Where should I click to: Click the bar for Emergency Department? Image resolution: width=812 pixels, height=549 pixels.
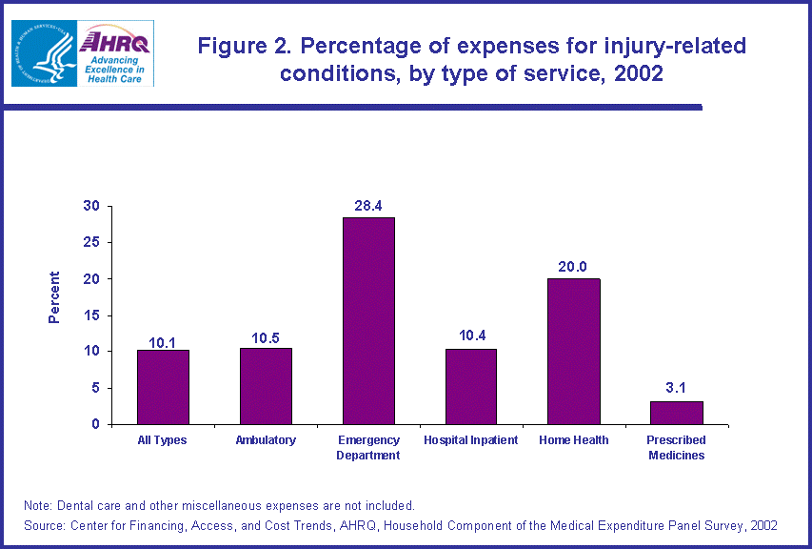pos(368,321)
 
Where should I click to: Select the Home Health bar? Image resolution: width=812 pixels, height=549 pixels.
pos(574,352)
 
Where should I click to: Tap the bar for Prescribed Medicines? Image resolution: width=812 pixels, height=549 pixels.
pos(677,413)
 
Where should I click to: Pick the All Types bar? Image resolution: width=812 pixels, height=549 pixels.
pos(163,387)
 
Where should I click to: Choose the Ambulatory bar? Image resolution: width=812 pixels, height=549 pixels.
pos(266,386)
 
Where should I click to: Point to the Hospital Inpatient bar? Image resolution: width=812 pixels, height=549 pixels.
pos(471,386)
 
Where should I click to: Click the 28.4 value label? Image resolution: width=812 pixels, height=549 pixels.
pos(368,206)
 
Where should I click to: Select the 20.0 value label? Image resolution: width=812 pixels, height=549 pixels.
pos(574,267)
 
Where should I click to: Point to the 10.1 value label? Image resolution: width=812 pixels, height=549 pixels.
pos(163,339)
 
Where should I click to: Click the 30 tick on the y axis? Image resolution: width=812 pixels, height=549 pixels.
pos(91,207)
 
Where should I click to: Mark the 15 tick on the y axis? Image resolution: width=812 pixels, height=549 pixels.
pos(91,315)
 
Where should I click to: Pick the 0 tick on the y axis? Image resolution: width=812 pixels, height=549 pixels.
pos(95,424)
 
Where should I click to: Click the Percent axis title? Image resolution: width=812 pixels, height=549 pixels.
pos(54,297)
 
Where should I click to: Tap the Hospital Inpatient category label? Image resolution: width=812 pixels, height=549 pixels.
pos(471,440)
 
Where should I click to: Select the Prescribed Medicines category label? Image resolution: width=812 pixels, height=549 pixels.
pos(675,448)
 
